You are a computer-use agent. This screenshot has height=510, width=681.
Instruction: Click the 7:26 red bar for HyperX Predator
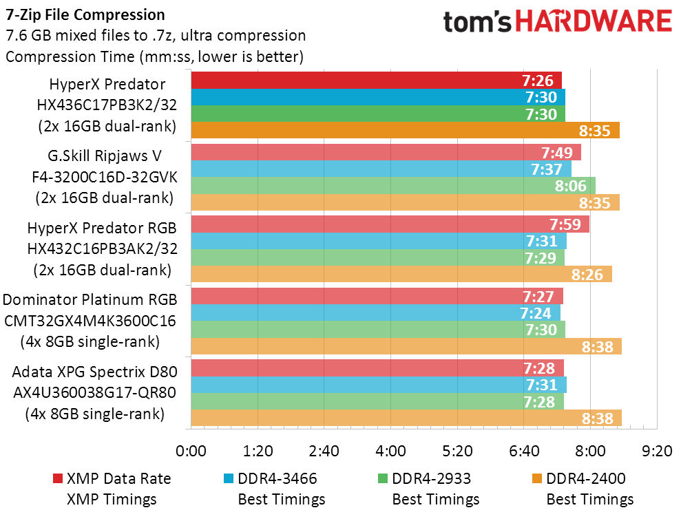pyautogui.click(x=376, y=81)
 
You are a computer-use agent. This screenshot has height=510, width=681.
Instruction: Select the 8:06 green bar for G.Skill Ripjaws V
pyautogui.click(x=393, y=186)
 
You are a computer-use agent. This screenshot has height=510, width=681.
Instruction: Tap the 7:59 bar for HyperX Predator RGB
pyautogui.click(x=390, y=224)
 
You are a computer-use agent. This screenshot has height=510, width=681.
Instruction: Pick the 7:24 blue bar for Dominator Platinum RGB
pyautogui.click(x=376, y=313)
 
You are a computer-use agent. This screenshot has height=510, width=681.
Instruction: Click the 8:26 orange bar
pyautogui.click(x=401, y=275)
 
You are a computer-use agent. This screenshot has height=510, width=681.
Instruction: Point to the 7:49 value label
pyautogui.click(x=557, y=153)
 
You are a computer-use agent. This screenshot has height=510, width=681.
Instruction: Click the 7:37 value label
pyautogui.click(x=546, y=169)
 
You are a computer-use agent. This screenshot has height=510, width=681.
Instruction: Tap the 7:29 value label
pyautogui.click(x=541, y=258)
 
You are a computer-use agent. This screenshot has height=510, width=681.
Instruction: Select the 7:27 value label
pyautogui.click(x=538, y=297)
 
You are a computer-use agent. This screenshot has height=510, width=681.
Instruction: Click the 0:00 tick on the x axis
pyautogui.click(x=191, y=451)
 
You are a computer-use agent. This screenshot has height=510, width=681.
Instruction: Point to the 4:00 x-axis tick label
pyautogui.click(x=391, y=451)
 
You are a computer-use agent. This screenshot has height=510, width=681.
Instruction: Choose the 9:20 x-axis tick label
pyautogui.click(x=657, y=451)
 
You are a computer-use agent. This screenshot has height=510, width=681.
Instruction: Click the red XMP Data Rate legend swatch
pyautogui.click(x=57, y=478)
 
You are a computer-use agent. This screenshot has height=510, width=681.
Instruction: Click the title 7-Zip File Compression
pyautogui.click(x=85, y=14)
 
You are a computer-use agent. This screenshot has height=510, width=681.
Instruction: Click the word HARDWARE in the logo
pyautogui.click(x=594, y=21)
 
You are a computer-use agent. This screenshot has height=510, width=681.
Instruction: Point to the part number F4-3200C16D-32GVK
pyautogui.click(x=105, y=177)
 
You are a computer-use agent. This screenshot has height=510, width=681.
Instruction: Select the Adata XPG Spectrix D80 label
pyautogui.click(x=95, y=372)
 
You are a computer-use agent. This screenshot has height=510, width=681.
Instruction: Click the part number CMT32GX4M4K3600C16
pyautogui.click(x=90, y=321)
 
